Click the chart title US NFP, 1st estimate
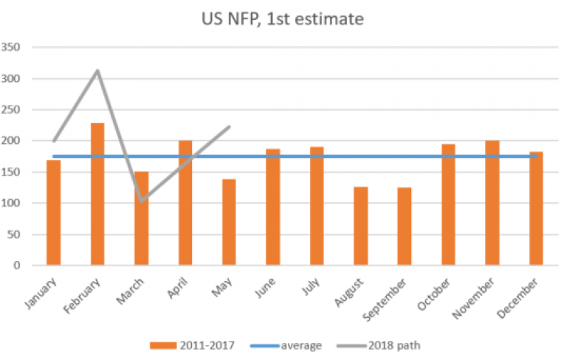283,20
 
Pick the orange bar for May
229,221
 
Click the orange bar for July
317,206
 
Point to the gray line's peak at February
97,71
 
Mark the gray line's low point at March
141,201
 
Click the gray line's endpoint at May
230,126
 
